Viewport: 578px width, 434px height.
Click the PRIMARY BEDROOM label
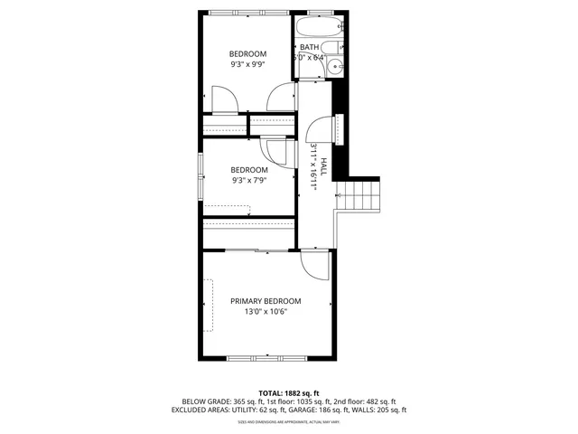[x=266, y=301]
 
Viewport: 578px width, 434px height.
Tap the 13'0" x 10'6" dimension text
[x=266, y=313]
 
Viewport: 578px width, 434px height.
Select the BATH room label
[x=310, y=47]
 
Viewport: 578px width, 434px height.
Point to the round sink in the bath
[x=336, y=65]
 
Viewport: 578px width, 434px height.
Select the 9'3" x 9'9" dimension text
[x=247, y=65]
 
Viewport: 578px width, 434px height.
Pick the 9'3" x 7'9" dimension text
[x=249, y=181]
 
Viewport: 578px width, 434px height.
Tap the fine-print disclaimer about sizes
[x=289, y=422]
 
